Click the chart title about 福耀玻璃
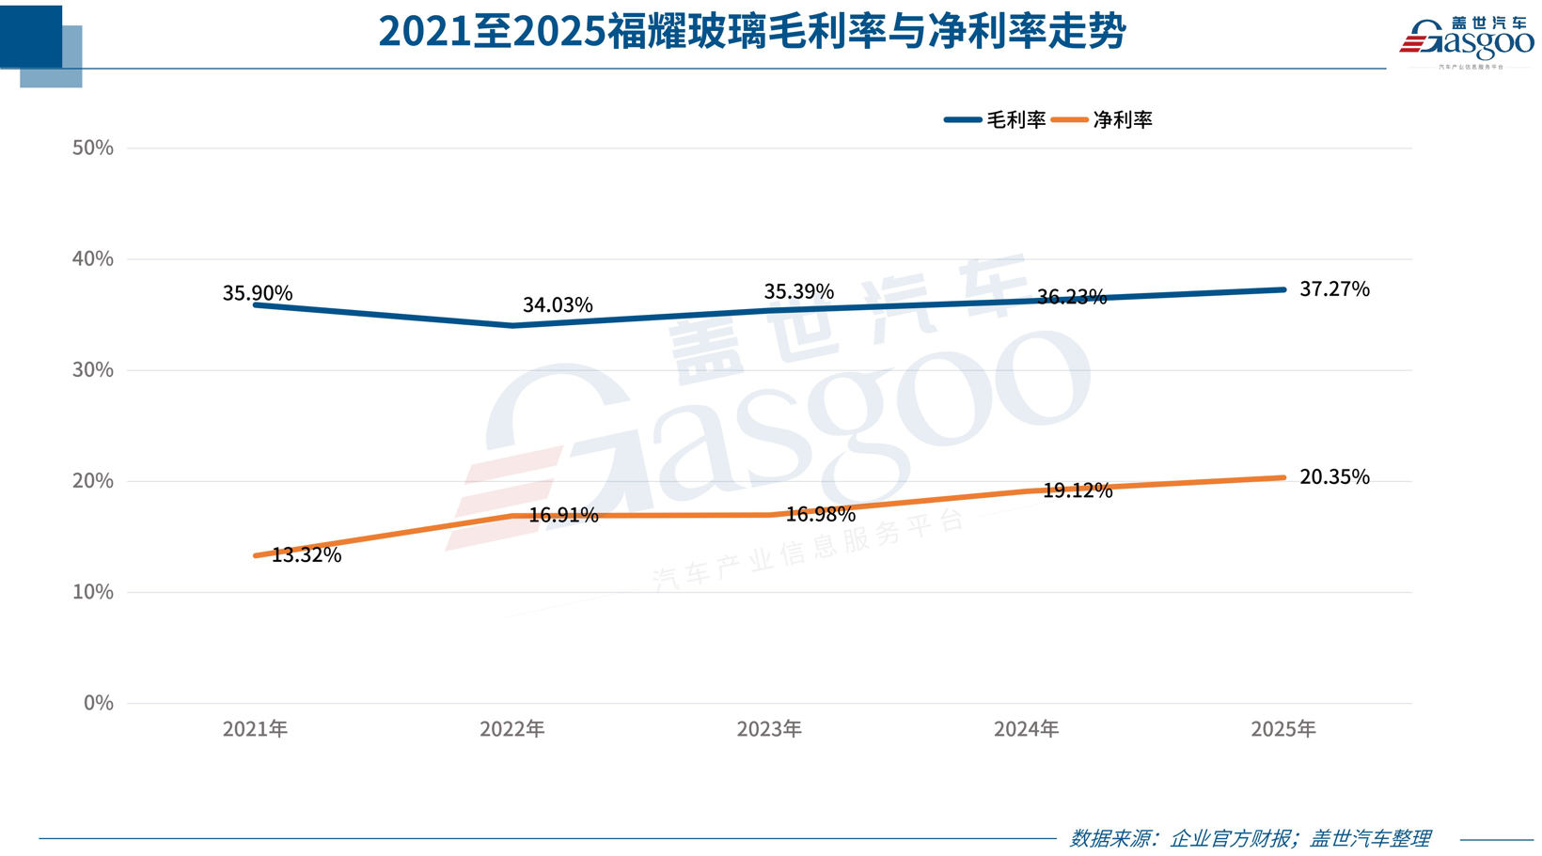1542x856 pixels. click(x=752, y=32)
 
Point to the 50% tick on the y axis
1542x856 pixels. click(x=93, y=148)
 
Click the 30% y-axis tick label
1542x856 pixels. click(x=93, y=370)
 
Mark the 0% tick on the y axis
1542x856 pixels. click(x=98, y=703)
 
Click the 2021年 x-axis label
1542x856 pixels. click(x=255, y=729)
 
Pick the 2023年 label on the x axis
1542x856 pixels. click(x=769, y=729)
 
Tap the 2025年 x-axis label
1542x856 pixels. click(x=1283, y=729)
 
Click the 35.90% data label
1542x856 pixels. click(x=258, y=293)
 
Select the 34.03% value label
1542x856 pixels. click(x=558, y=305)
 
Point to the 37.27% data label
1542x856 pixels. click(x=1334, y=289)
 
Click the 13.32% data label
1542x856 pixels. click(x=307, y=555)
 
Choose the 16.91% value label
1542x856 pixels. click(x=563, y=515)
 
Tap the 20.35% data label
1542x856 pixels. click(x=1334, y=477)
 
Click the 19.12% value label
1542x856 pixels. click(x=1078, y=490)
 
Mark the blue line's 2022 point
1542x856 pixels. click(x=512, y=325)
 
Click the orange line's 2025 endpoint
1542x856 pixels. click(x=1283, y=477)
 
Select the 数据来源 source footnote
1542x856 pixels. click(x=1250, y=838)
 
